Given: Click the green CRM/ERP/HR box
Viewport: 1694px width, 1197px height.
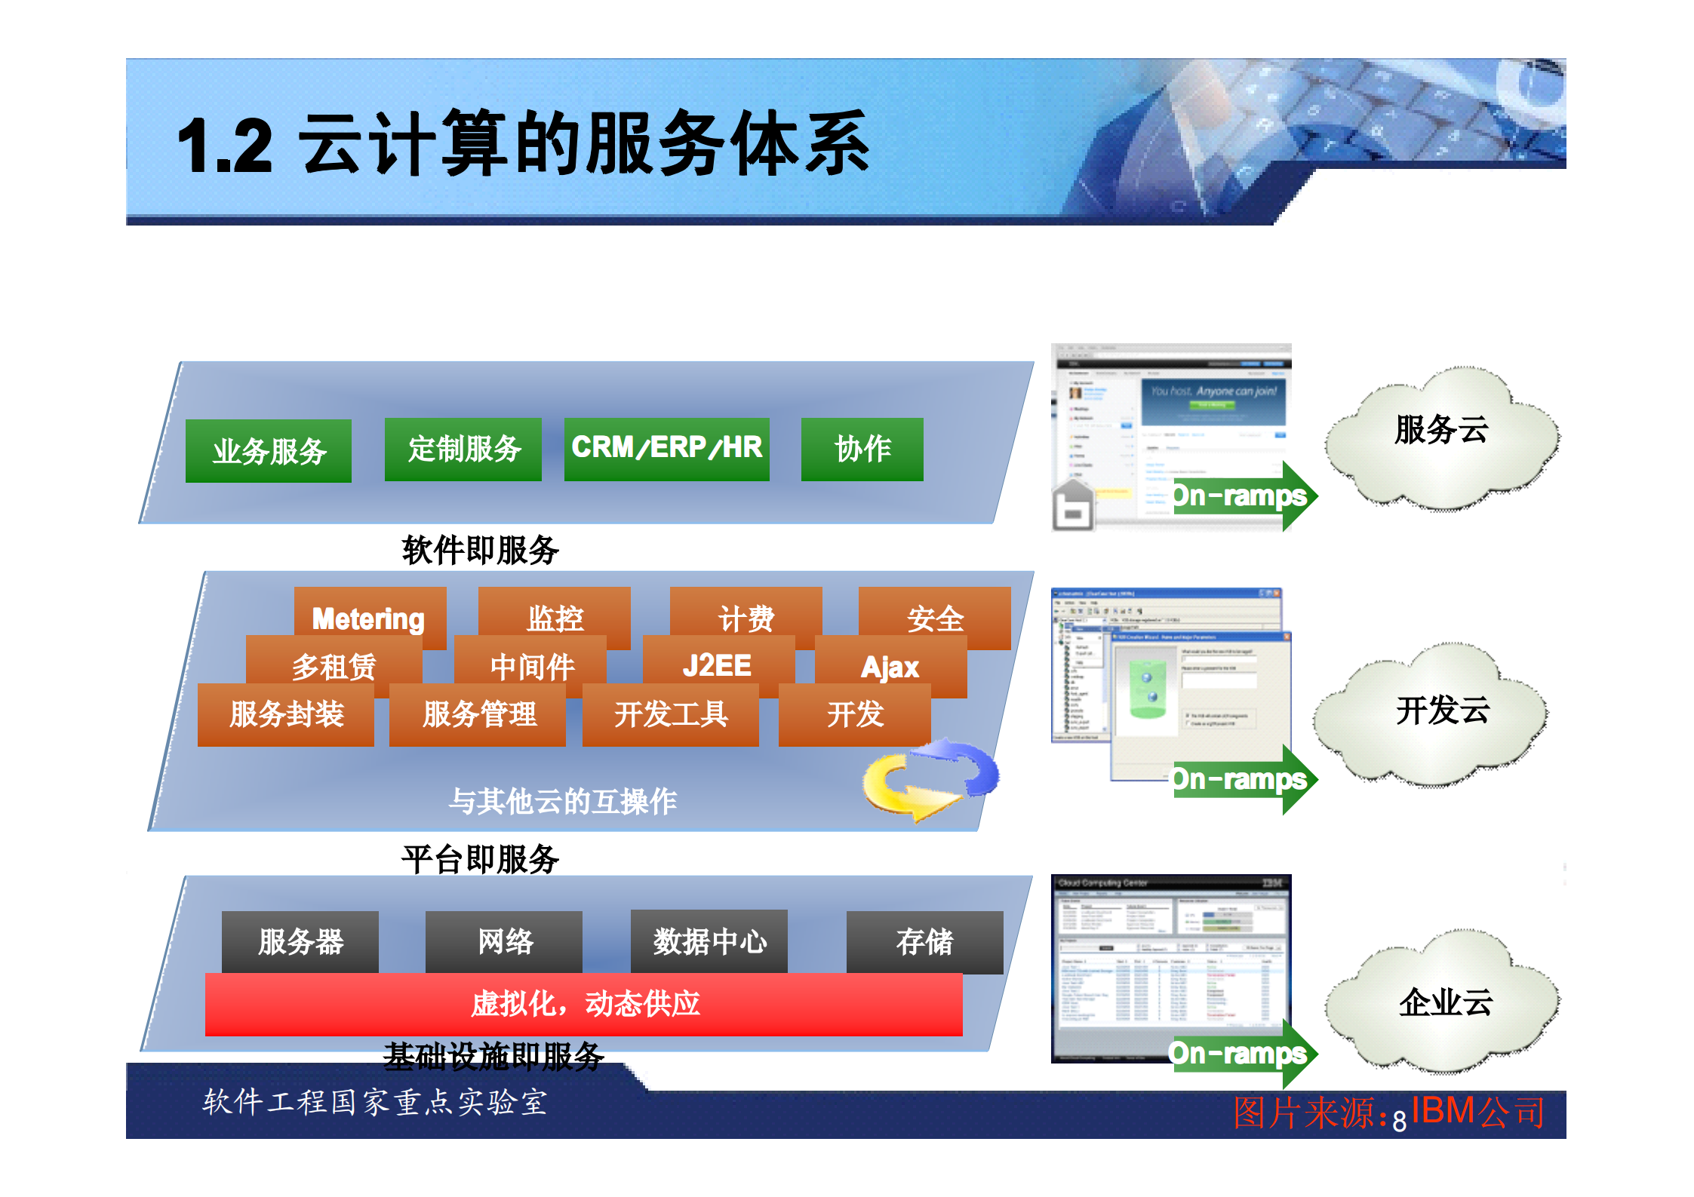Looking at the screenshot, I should [666, 449].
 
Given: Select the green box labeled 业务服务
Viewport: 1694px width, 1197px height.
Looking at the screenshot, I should [268, 451].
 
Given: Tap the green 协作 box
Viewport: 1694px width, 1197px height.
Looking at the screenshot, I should [862, 449].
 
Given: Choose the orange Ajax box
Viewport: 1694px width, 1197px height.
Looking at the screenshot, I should [890, 666].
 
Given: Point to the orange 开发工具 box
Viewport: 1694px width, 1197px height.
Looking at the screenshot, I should [670, 714].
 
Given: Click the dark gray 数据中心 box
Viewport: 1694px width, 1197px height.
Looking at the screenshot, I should [709, 941].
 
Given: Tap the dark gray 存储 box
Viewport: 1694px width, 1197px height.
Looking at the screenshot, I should [924, 941].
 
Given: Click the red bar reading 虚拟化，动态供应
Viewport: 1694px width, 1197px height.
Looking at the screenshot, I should [583, 1004].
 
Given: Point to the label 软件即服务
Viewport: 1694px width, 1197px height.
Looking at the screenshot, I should [480, 550].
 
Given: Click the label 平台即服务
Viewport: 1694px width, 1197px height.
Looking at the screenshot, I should [480, 859].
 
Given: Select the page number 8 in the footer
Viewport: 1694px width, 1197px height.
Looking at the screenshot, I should [1399, 1122].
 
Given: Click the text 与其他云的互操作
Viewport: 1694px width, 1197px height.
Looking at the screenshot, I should [562, 801].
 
